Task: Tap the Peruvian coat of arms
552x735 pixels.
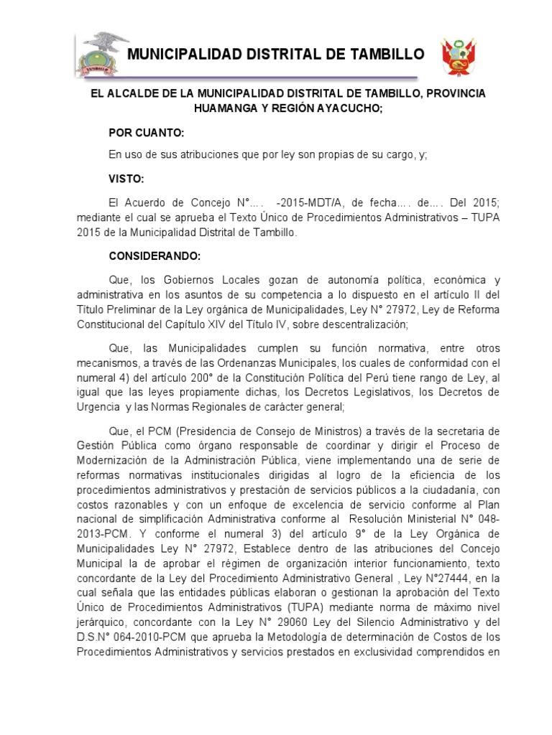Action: pos(459,55)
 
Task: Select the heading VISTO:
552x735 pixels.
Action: pos(126,179)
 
